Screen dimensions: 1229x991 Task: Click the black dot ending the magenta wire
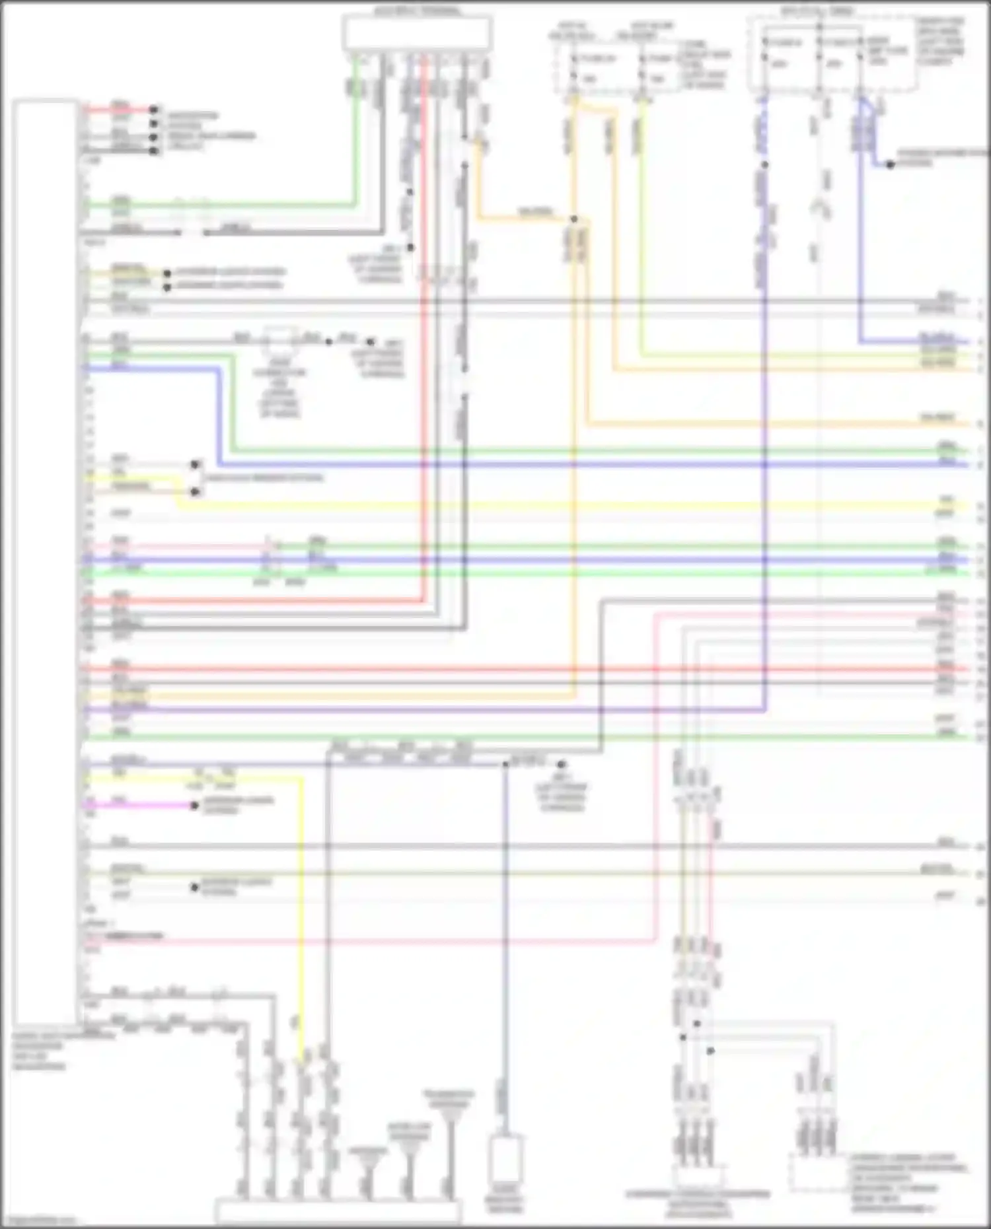point(194,806)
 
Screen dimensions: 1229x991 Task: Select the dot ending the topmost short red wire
point(153,109)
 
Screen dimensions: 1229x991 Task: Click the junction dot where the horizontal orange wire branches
point(574,219)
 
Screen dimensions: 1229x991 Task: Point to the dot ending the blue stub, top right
point(890,164)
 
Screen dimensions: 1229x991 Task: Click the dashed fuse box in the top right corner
point(832,54)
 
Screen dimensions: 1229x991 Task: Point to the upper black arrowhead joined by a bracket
point(196,465)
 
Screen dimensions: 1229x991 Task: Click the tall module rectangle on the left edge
point(44,561)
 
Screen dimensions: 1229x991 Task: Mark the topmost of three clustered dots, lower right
point(696,1024)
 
